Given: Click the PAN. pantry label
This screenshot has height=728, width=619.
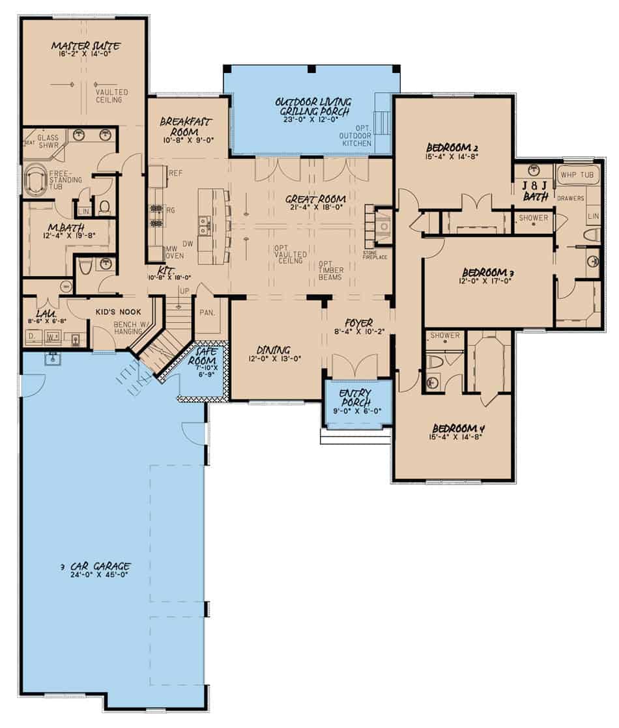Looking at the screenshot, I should coord(207,313).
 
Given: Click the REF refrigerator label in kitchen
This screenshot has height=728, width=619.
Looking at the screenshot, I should coord(175,173).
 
